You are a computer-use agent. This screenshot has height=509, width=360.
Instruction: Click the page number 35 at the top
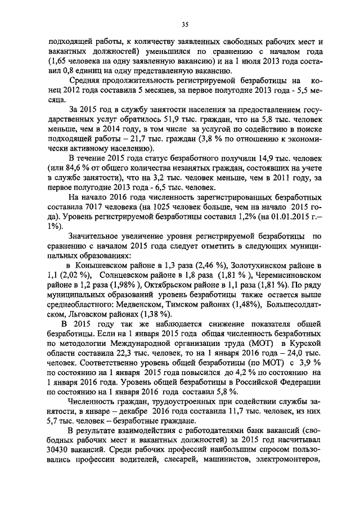[x=184, y=24]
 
